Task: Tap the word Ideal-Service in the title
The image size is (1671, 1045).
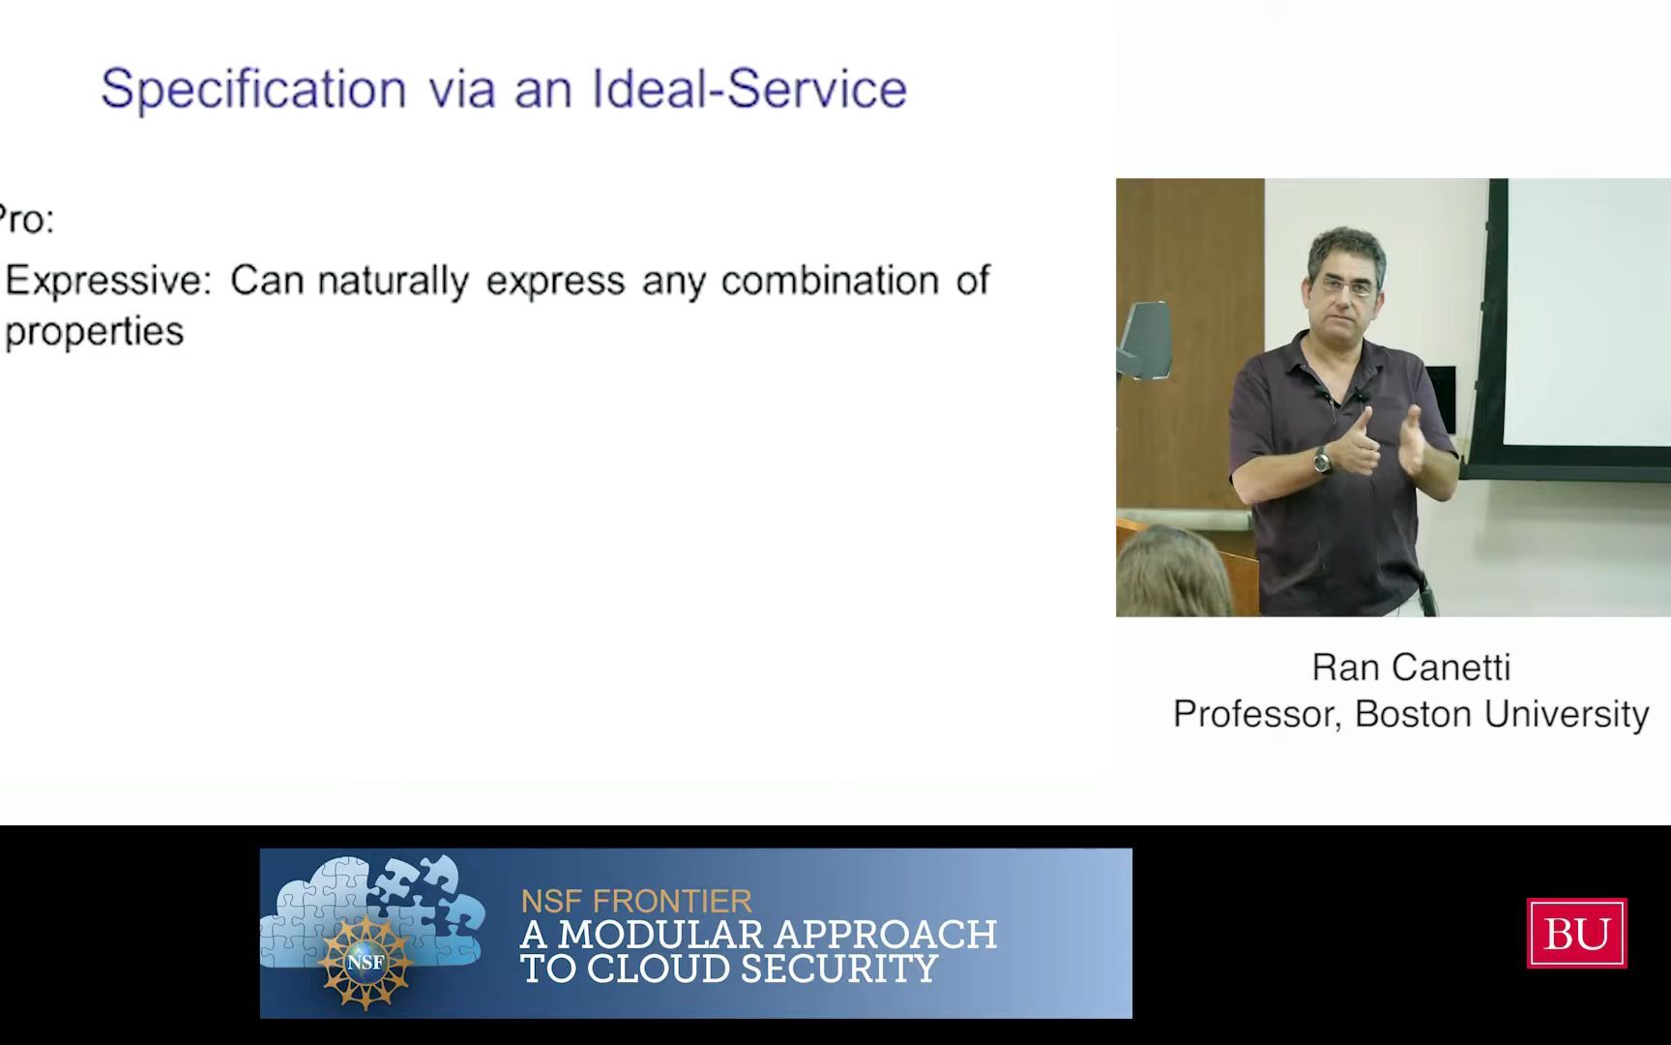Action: click(x=749, y=88)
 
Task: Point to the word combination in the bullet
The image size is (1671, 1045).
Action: click(x=830, y=280)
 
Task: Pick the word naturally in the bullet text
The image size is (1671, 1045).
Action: click(x=393, y=282)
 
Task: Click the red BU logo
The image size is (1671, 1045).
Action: click(x=1576, y=933)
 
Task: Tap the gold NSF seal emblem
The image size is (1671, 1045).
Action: click(x=366, y=961)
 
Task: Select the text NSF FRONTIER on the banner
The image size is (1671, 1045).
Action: click(x=636, y=901)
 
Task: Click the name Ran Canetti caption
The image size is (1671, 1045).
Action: click(x=1411, y=667)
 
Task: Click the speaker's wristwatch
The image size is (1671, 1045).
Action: click(x=1322, y=460)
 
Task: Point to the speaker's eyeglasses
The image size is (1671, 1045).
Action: click(x=1345, y=286)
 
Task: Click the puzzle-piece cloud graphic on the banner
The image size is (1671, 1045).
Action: click(x=373, y=911)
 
